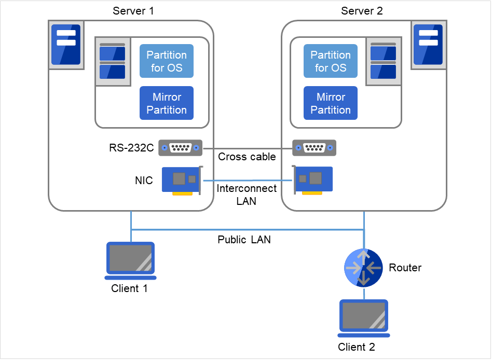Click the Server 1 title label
pyautogui.click(x=133, y=11)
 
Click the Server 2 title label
pyautogui.click(x=362, y=11)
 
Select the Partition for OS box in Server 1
pyautogui.click(x=167, y=61)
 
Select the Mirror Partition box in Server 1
pyautogui.click(x=167, y=103)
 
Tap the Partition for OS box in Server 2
pyautogui.click(x=331, y=61)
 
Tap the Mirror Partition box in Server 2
pyautogui.click(x=331, y=103)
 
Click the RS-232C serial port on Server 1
pyautogui.click(x=180, y=148)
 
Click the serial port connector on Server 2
pyautogui.click(x=314, y=148)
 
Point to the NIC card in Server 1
pyautogui.click(x=181, y=181)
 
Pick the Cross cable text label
pyautogui.click(x=247, y=157)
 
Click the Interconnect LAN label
pyautogui.click(x=247, y=195)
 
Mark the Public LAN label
pyautogui.click(x=244, y=240)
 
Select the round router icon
pyautogui.click(x=364, y=268)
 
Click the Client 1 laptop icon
pyautogui.click(x=130, y=258)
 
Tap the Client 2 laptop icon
pyautogui.click(x=363, y=316)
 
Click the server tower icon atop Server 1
pyautogui.click(x=66, y=45)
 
